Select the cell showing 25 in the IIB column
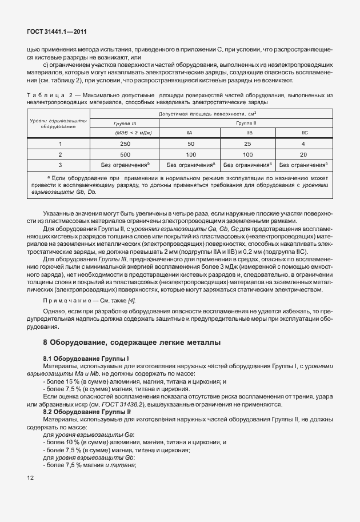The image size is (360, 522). pyautogui.click(x=247, y=144)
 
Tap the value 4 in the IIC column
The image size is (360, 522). pyautogui.click(x=303, y=144)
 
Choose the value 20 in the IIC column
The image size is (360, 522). pyautogui.click(x=303, y=154)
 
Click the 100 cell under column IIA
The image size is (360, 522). pyautogui.click(x=190, y=154)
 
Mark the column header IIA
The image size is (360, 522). pyautogui.click(x=190, y=133)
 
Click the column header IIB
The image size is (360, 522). pyautogui.click(x=247, y=133)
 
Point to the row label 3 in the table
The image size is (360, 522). pyautogui.click(x=59, y=165)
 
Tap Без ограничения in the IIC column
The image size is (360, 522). pyautogui.click(x=303, y=165)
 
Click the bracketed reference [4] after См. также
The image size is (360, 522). pyautogui.click(x=131, y=301)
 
